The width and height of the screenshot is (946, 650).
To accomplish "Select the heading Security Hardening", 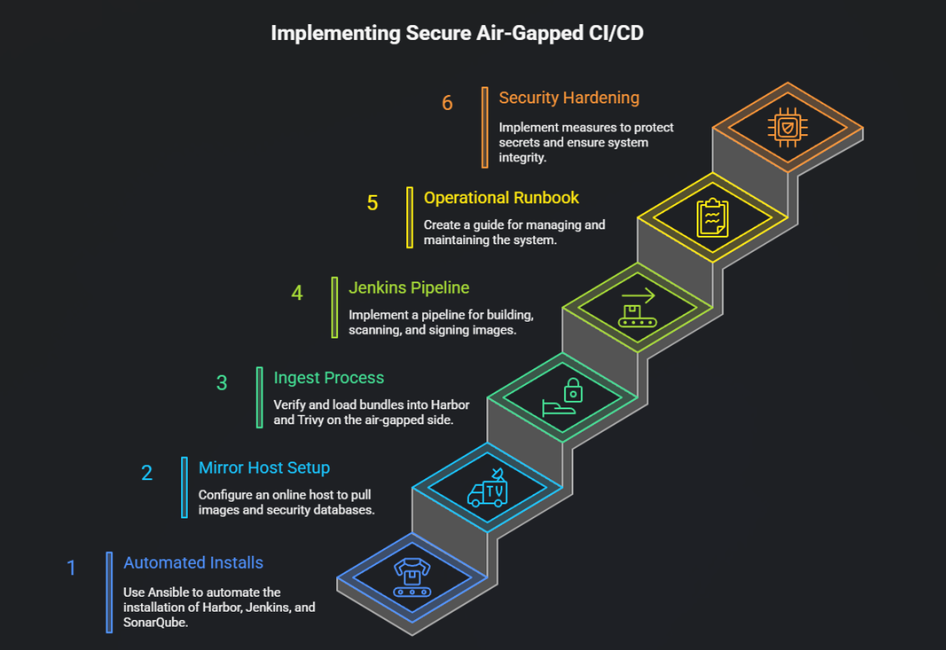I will (x=569, y=97).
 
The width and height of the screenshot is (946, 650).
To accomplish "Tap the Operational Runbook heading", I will (x=501, y=197).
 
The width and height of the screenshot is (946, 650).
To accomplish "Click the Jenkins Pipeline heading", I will (x=409, y=287).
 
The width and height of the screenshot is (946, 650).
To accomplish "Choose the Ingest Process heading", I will (x=329, y=377).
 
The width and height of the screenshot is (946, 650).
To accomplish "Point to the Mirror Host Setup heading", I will (x=264, y=467).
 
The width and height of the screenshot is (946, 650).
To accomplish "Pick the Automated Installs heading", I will (x=193, y=562).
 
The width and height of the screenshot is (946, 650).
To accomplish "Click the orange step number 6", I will (x=447, y=103).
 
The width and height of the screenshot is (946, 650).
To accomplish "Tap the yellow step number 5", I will (x=372, y=202).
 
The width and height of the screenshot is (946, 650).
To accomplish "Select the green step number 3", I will (x=221, y=382).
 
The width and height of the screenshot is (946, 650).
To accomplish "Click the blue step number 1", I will (x=72, y=568).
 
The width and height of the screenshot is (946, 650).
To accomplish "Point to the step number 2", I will (x=147, y=473).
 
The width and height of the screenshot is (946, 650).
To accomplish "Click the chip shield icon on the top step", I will (x=787, y=127).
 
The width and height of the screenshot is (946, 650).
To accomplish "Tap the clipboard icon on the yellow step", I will (x=712, y=217).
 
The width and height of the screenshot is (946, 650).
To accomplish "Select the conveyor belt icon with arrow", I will (x=637, y=308).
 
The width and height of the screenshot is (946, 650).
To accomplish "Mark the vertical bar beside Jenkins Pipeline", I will (x=335, y=307).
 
